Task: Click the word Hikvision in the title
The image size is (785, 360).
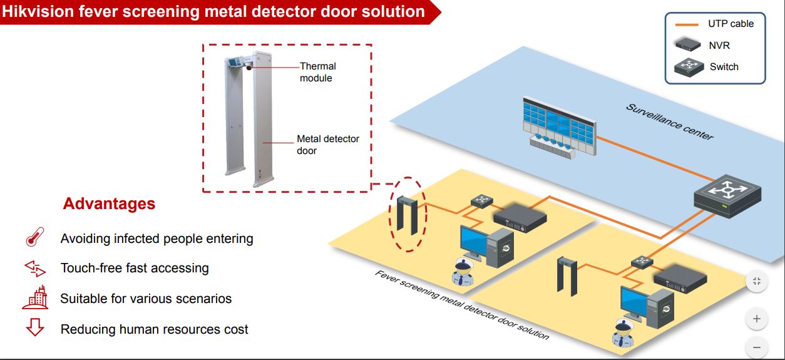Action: [38, 11]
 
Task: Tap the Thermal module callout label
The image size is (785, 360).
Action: [317, 72]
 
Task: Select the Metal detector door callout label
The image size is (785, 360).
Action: [327, 145]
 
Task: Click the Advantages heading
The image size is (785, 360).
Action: [109, 203]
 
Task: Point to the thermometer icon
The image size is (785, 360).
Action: [35, 237]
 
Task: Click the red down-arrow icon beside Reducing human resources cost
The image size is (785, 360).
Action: [35, 327]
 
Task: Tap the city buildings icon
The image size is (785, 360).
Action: [35, 297]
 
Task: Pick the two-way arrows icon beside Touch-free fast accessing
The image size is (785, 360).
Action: [35, 269]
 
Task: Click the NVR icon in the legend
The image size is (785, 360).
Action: [687, 44]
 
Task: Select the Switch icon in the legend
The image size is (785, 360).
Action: [689, 67]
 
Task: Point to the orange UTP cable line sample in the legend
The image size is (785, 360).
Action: [687, 24]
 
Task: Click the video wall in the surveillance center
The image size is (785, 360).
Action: [559, 127]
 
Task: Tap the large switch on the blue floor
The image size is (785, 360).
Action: [727, 196]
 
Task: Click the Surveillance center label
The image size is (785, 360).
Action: [670, 122]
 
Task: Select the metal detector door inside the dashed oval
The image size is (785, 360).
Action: [408, 215]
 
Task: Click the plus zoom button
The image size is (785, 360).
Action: [757, 319]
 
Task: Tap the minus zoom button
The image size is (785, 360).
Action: [757, 347]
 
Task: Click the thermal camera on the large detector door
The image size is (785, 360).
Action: [249, 67]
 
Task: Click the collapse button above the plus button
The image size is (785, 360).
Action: [757, 281]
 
